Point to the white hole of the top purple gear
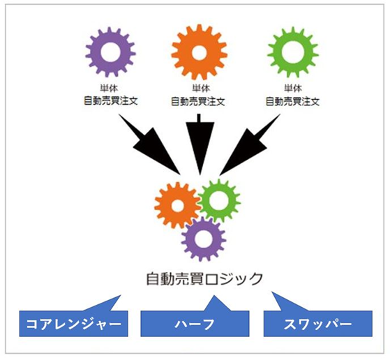click(111, 52)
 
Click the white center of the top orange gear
click(199, 53)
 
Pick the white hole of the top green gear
click(293, 52)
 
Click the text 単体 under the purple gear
click(110, 88)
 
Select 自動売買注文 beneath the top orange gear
click(198, 101)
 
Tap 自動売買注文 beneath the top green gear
click(292, 101)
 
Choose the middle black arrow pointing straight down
click(200, 144)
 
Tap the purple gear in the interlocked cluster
click(189, 239)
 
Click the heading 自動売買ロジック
click(204, 278)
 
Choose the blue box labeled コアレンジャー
click(74, 324)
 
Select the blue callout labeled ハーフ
click(195, 324)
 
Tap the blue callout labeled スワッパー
click(318, 324)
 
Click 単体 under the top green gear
click(293, 88)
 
